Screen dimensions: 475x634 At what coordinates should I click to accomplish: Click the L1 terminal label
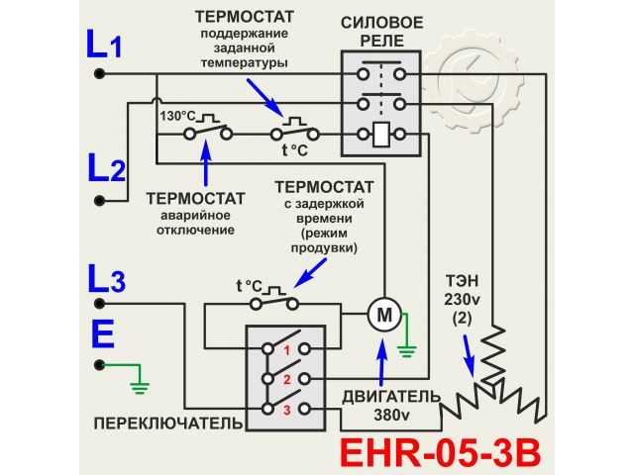tap(104, 47)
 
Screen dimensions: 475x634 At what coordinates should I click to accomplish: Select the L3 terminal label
tap(105, 281)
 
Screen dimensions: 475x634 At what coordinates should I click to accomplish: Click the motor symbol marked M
tap(381, 315)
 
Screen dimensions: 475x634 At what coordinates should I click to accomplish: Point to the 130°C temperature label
tap(177, 115)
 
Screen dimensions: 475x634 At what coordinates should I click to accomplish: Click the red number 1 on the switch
tap(285, 349)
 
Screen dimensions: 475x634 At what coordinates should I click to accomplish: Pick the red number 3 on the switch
tap(285, 409)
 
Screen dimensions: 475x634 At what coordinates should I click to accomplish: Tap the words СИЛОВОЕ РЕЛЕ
tap(381, 31)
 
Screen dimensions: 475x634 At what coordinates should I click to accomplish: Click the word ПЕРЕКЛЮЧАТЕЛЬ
tap(167, 424)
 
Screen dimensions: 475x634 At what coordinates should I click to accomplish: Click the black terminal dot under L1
tap(99, 74)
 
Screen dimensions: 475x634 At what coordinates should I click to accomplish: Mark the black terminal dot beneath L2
tap(99, 200)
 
